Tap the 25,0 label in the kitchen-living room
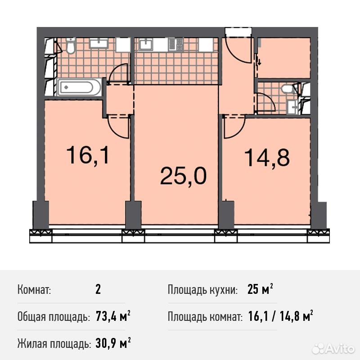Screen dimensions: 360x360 tap(183, 175)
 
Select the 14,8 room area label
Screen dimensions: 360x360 tap(266, 157)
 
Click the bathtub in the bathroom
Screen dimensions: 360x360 tap(79, 87)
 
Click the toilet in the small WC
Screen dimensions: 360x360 tap(287, 89)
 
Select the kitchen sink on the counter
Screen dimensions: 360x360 tap(146, 45)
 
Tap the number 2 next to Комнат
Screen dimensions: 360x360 tap(98, 289)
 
